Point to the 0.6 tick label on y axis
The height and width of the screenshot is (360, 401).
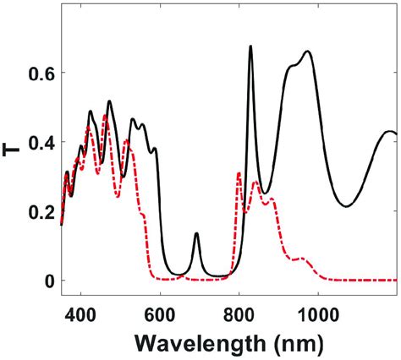click(40, 74)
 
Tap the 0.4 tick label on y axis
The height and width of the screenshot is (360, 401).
click(40, 143)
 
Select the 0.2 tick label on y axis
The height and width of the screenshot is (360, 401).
click(40, 211)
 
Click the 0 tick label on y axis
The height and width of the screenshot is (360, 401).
click(48, 281)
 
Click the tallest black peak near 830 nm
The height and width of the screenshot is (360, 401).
click(250, 47)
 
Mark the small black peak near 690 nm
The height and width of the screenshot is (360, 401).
click(196, 234)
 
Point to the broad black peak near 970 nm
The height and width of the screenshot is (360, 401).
click(307, 52)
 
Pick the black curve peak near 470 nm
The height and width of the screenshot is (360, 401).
click(109, 101)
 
